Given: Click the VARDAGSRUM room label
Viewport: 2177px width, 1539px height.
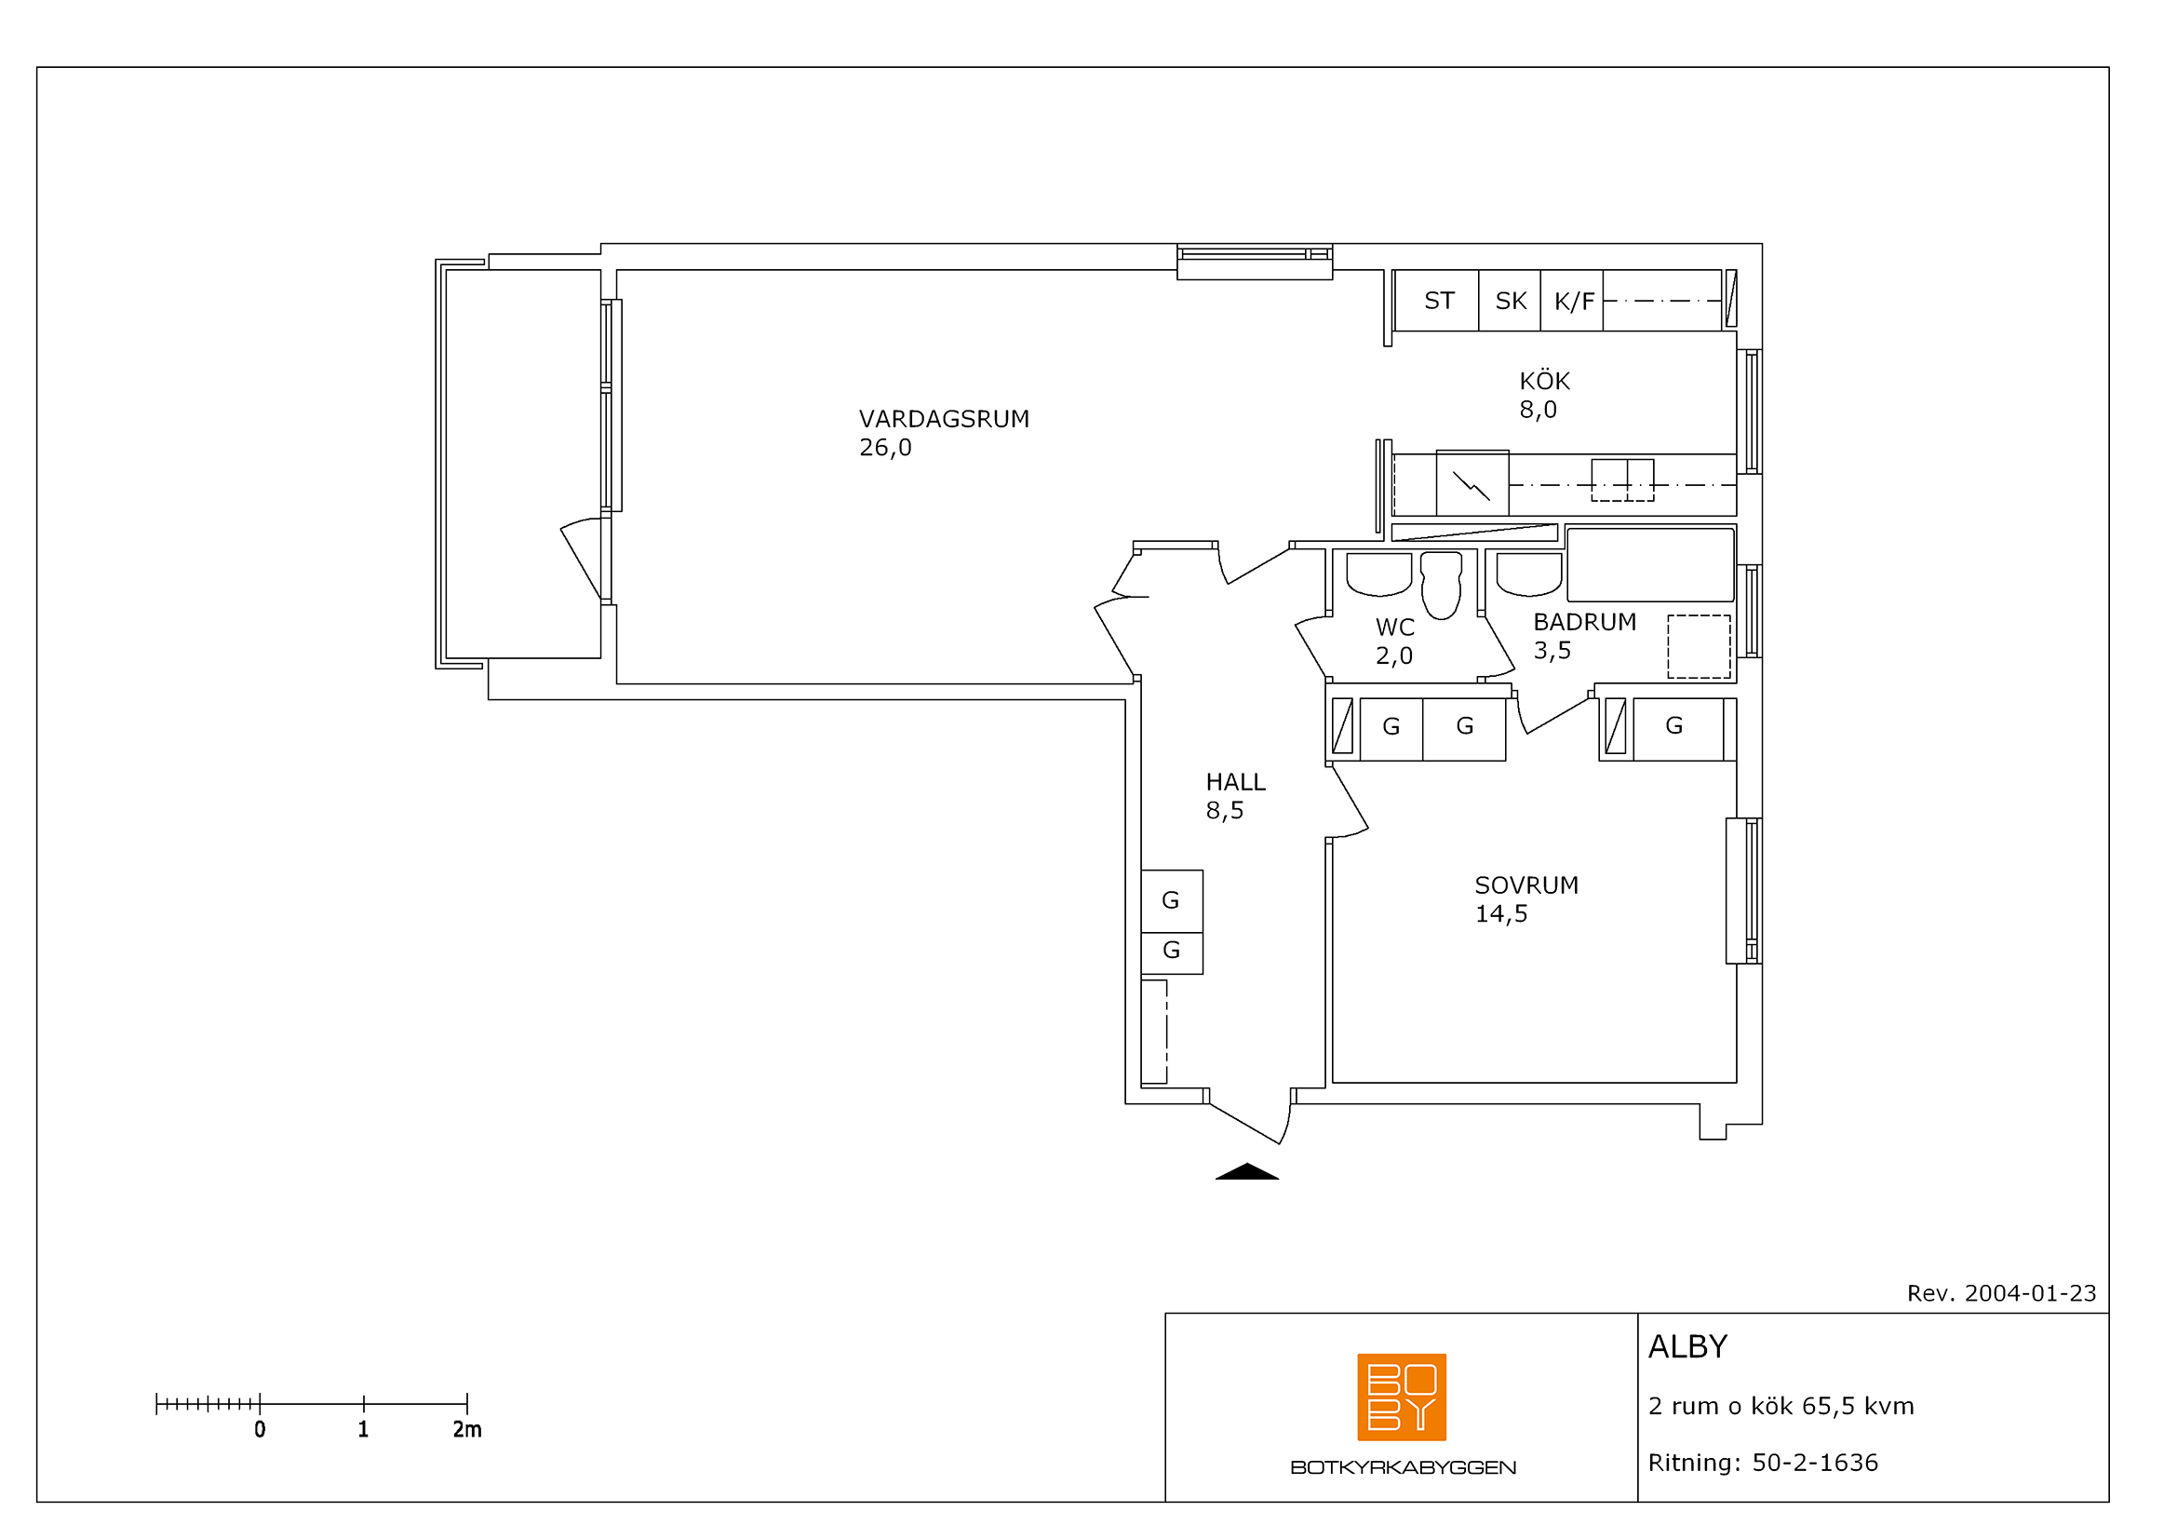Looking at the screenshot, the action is click(944, 419).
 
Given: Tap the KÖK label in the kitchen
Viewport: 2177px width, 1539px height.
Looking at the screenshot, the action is click(1545, 381).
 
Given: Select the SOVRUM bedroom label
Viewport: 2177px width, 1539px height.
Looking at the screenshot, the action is click(1526, 885).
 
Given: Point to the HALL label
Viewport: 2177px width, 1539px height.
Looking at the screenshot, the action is click(1235, 782).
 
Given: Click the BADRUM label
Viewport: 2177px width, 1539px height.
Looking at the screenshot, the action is click(1585, 622).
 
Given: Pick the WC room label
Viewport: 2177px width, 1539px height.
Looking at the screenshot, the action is click(1395, 627).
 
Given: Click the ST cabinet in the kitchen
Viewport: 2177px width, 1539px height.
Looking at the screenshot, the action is click(1437, 301).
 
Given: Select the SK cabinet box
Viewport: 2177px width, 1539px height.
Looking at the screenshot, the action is click(1511, 301).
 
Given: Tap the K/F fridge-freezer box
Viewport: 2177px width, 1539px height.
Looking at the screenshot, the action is click(1572, 301).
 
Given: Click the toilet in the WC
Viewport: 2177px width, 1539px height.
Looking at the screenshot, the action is click(1441, 585).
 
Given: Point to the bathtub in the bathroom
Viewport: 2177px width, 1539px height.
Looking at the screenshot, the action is click(1651, 564).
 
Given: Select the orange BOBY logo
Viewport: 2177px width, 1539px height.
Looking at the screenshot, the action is click(1403, 1397).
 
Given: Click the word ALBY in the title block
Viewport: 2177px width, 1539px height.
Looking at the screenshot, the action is click(1687, 1346).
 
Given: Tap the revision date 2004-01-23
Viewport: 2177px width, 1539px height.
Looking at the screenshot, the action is click(2030, 1293).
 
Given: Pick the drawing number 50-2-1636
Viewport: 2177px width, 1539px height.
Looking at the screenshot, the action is click(1815, 1463).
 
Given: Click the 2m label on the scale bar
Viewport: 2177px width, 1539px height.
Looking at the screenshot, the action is click(467, 1429).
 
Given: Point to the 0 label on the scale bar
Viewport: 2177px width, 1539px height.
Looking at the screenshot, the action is click(260, 1429).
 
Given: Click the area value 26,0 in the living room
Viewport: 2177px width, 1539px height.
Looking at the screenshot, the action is click(885, 448).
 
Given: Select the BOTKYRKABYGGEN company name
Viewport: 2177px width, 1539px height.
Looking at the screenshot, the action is click(1404, 1468).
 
